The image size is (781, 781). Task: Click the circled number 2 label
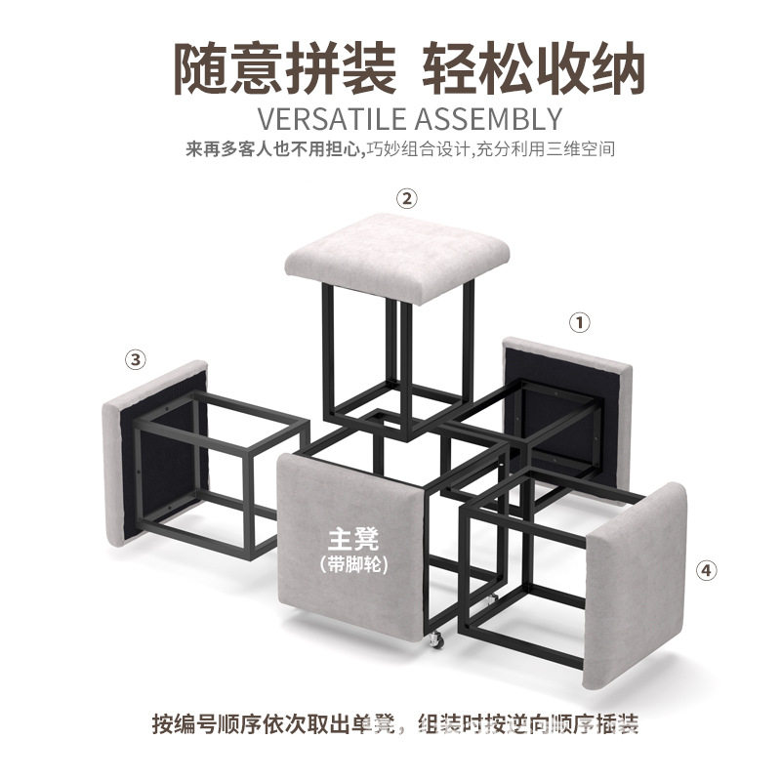click(x=407, y=198)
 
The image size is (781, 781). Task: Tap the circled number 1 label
click(x=581, y=321)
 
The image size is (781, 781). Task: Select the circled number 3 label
click(x=136, y=359)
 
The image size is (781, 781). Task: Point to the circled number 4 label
click(x=708, y=569)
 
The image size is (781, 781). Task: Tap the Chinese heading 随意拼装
click(x=285, y=66)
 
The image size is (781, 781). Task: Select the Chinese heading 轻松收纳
click(x=534, y=66)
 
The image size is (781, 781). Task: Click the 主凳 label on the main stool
click(x=348, y=538)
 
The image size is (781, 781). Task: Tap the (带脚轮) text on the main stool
click(x=348, y=563)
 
